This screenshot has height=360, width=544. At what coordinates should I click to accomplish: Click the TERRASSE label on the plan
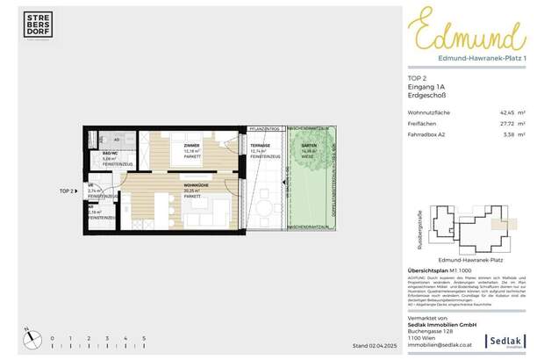point(260,146)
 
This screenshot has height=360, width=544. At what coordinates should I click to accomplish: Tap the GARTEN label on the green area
point(309,146)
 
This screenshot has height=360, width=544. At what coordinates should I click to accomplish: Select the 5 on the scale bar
point(143,338)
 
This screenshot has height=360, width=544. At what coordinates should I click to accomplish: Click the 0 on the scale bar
point(52,338)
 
